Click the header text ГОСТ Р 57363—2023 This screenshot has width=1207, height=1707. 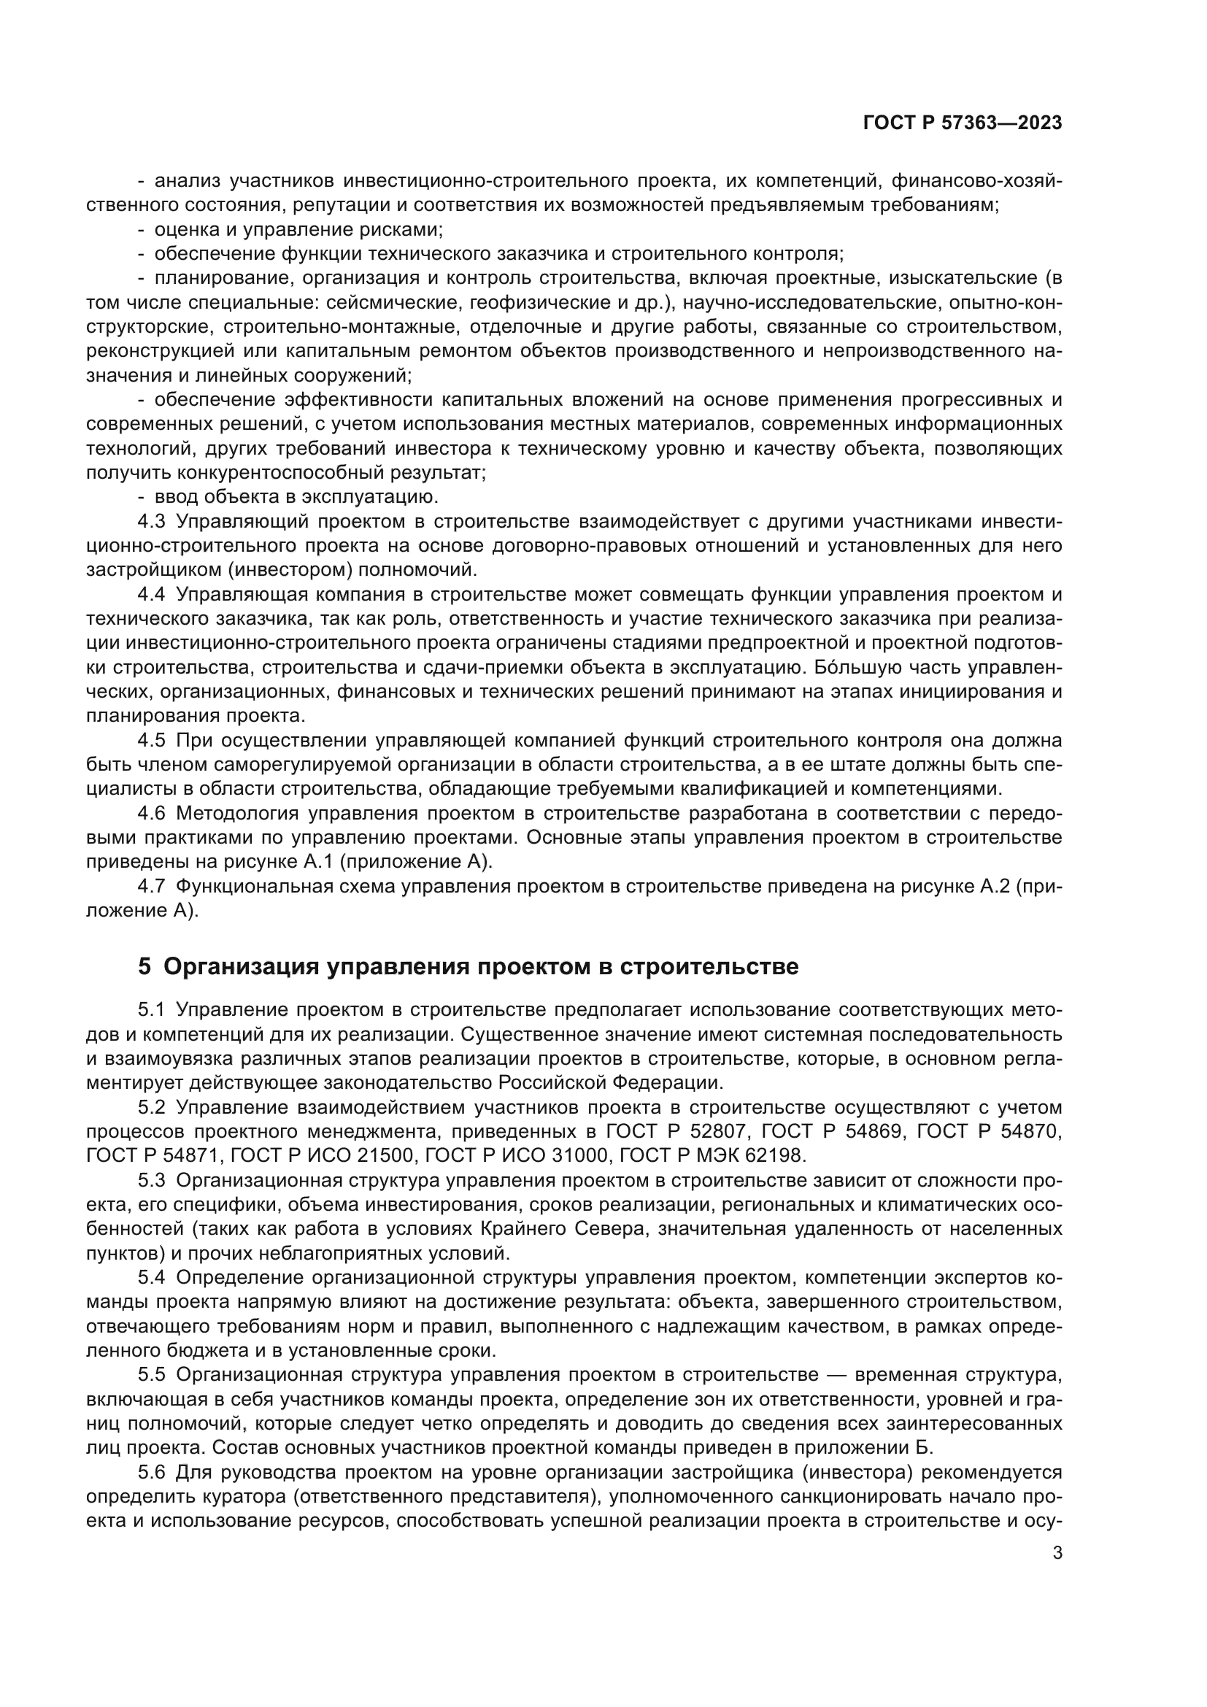[963, 123]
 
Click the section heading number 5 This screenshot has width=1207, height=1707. [144, 966]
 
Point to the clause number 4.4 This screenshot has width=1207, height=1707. [151, 594]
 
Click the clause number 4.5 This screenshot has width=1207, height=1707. [151, 741]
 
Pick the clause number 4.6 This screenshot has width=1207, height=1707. [151, 813]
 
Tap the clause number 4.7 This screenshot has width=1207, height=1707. [151, 886]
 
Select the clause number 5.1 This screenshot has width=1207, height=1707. [151, 1009]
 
